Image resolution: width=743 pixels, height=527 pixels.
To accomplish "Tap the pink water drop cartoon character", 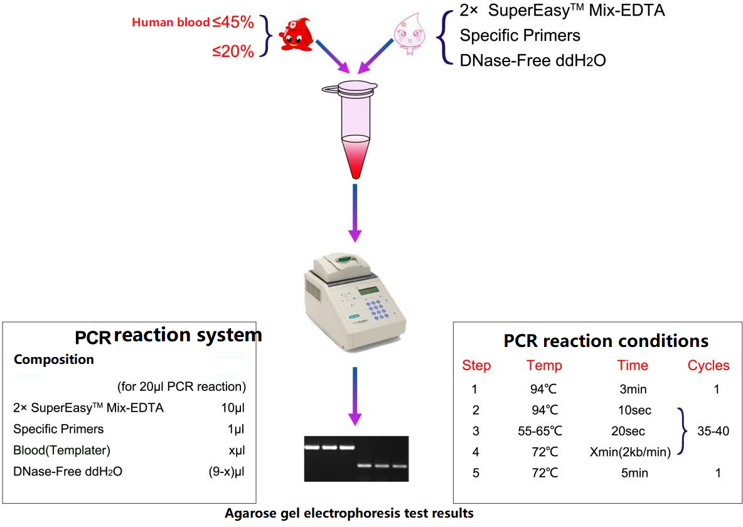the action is pyautogui.click(x=409, y=33).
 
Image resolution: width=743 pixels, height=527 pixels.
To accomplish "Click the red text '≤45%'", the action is pyautogui.click(x=233, y=23).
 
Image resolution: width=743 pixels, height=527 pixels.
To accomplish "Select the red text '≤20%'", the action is pyautogui.click(x=233, y=51).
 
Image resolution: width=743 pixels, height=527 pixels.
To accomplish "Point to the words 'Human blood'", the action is pyautogui.click(x=171, y=23).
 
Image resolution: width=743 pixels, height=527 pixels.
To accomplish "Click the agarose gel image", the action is pyautogui.click(x=356, y=458).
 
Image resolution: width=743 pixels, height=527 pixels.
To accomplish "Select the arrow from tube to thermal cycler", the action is pyautogui.click(x=355, y=213).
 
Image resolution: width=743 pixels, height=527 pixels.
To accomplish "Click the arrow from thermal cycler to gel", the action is pyautogui.click(x=355, y=397).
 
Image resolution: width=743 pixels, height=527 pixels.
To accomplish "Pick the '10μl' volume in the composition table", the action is pyautogui.click(x=233, y=408).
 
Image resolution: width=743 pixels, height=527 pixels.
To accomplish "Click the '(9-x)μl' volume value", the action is pyautogui.click(x=227, y=472).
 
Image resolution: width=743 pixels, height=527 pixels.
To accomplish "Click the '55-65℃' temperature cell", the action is pyautogui.click(x=540, y=431).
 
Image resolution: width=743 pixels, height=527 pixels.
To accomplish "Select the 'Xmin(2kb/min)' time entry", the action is pyautogui.click(x=630, y=452).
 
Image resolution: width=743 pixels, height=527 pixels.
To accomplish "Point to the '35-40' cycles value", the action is pyautogui.click(x=713, y=431).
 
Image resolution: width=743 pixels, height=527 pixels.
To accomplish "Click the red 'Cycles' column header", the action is pyautogui.click(x=708, y=365).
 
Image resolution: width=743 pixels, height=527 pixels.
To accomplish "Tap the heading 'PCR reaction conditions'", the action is pyautogui.click(x=606, y=341).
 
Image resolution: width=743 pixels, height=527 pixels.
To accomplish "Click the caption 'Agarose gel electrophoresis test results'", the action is pyautogui.click(x=350, y=513).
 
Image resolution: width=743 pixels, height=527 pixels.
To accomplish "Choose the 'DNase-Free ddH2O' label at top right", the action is pyautogui.click(x=533, y=61).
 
